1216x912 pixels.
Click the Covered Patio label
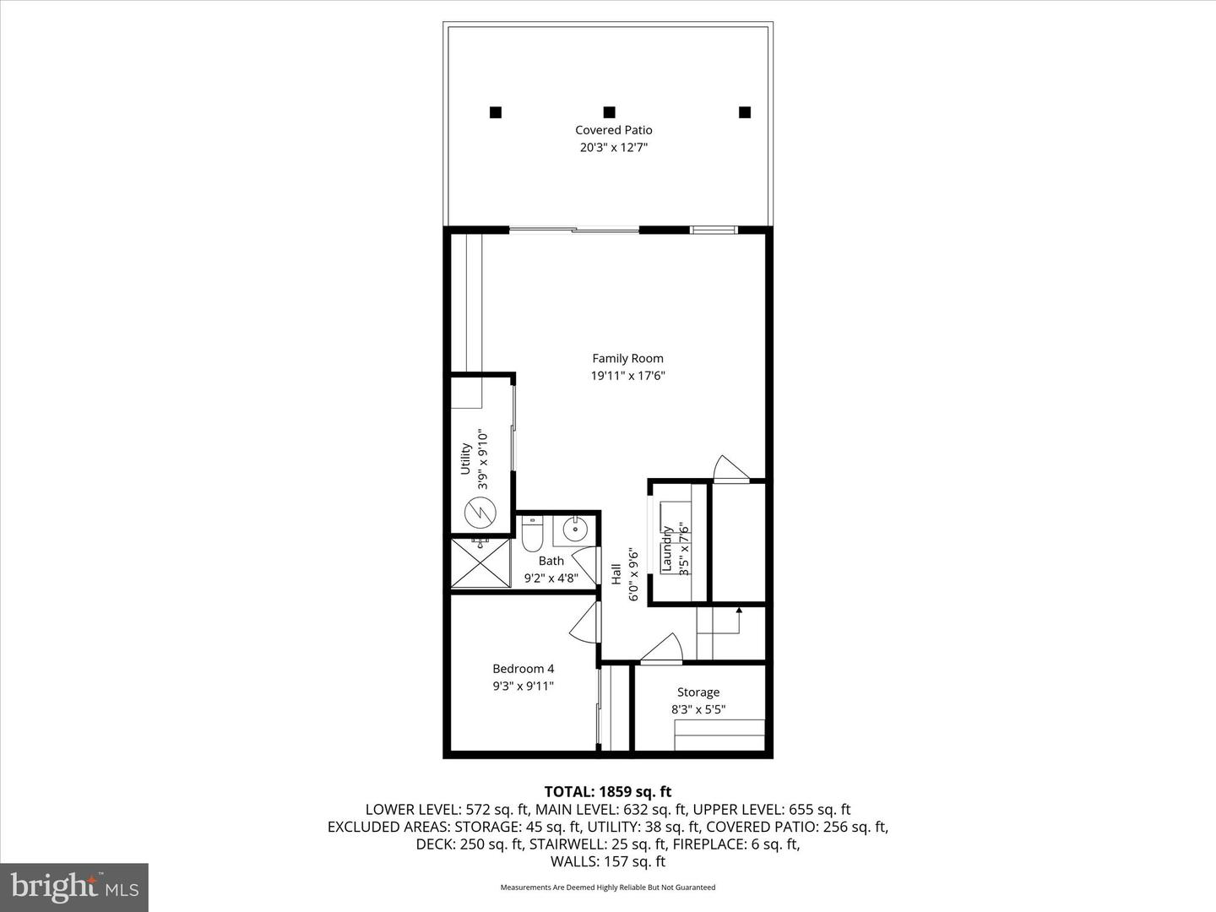tap(613, 130)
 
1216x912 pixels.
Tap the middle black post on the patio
tap(609, 111)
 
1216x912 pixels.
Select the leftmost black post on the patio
tap(496, 111)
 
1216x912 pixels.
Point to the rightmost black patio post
tap(744, 111)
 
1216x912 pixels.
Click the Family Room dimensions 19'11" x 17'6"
tap(627, 376)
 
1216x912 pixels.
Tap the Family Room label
tap(627, 358)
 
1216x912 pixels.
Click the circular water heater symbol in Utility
tap(478, 512)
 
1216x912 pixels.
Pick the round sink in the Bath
tap(575, 532)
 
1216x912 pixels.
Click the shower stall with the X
tap(481, 563)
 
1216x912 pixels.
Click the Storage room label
tap(698, 692)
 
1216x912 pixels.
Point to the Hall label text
tap(617, 575)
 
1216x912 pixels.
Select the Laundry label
tap(666, 549)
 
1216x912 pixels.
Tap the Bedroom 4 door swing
tap(584, 627)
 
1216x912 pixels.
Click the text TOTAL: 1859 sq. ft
tap(607, 791)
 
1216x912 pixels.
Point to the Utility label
tap(465, 459)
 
